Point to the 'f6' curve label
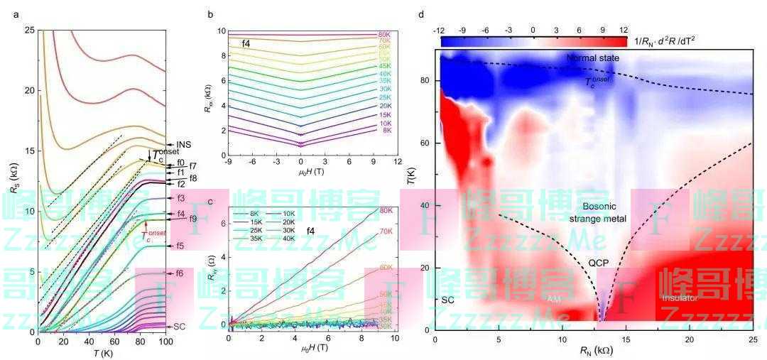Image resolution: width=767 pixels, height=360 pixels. point(180,273)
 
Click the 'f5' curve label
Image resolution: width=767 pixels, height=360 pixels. point(180,246)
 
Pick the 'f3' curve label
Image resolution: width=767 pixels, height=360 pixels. point(180,198)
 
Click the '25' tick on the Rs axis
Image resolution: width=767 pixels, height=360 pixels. point(28,31)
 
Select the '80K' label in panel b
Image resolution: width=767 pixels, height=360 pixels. point(386,34)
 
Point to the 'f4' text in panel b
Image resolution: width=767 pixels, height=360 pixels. point(246,44)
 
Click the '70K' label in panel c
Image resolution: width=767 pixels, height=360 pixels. point(386,231)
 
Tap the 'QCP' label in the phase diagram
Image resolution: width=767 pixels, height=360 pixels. point(598,263)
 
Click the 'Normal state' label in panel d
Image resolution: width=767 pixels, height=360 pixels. point(594,57)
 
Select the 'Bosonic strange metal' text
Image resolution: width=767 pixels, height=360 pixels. point(604,212)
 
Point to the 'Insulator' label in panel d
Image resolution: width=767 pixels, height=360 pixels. point(680,298)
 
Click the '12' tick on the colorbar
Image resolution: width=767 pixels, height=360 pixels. point(624,31)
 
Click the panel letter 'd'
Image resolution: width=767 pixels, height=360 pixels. point(422,13)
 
